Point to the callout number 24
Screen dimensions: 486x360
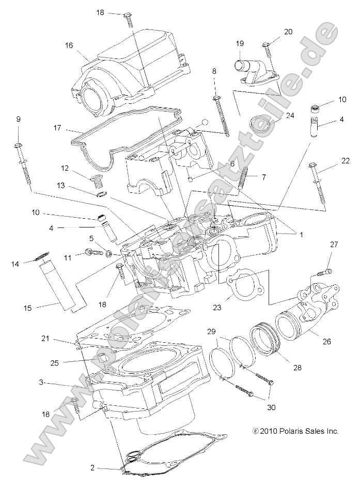click(x=290, y=115)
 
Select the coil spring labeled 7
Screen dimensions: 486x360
click(x=244, y=178)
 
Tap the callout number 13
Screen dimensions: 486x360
click(x=75, y=185)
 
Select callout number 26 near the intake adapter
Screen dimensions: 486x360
click(x=326, y=341)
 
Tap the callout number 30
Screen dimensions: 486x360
click(x=271, y=407)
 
